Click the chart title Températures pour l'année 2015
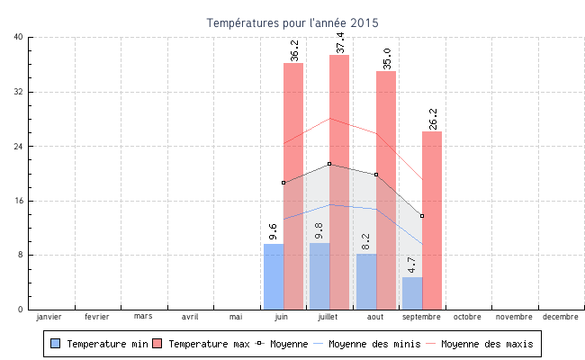pyautogui.click(x=292, y=22)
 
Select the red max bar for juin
pyautogui.click(x=293, y=180)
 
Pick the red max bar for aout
pyautogui.click(x=386, y=180)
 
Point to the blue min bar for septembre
pyautogui.click(x=412, y=293)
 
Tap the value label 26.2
pyautogui.click(x=433, y=119)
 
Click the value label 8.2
pyautogui.click(x=366, y=241)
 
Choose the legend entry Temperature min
pyautogui.click(x=99, y=344)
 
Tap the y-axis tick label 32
pyautogui.click(x=19, y=92)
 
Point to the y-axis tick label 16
pyautogui.click(x=19, y=201)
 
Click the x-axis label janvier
pyautogui.click(x=49, y=317)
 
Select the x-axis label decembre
pyautogui.click(x=561, y=317)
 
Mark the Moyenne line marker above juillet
pyautogui.click(x=329, y=164)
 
